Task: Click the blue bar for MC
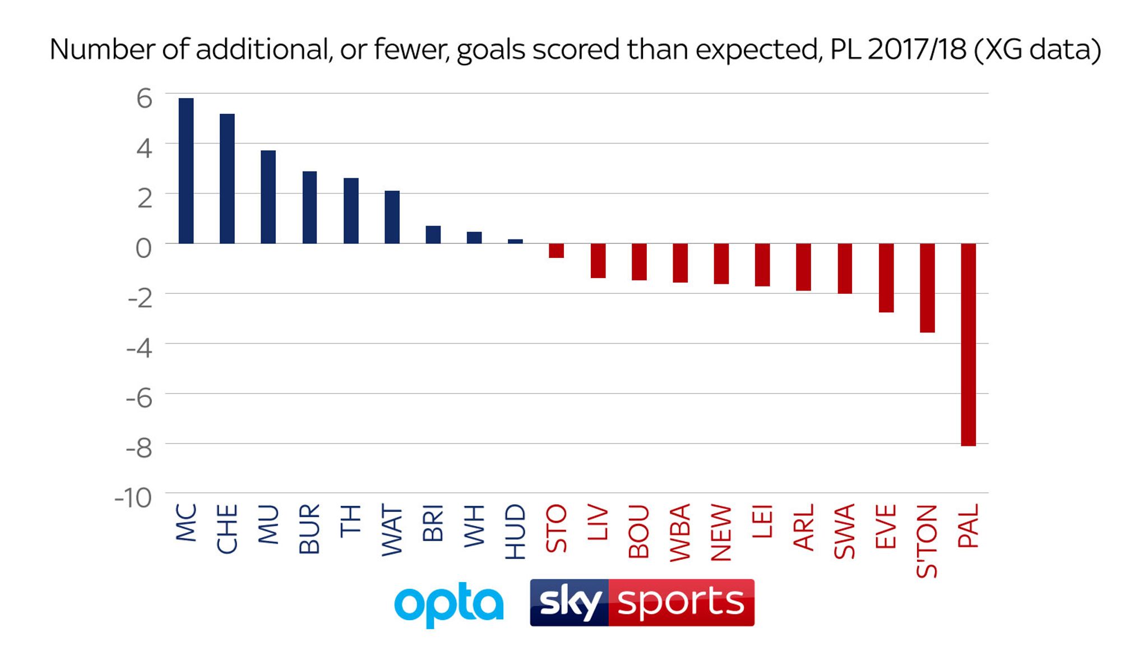[186, 171]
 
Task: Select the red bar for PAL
[968, 344]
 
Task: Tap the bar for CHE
[227, 179]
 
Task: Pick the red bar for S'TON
[927, 288]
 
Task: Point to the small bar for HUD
[515, 241]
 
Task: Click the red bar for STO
[556, 251]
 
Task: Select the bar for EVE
[886, 278]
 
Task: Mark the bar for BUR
[309, 207]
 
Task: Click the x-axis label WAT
[392, 530]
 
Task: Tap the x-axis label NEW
[721, 533]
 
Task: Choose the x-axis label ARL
[804, 527]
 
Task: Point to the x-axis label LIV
[598, 522]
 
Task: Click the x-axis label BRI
[433, 523]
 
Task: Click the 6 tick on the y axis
[144, 99]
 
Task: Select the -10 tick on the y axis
[133, 497]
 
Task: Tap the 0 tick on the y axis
[143, 248]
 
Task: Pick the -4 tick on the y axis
[139, 348]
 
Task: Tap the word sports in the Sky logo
[681, 602]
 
